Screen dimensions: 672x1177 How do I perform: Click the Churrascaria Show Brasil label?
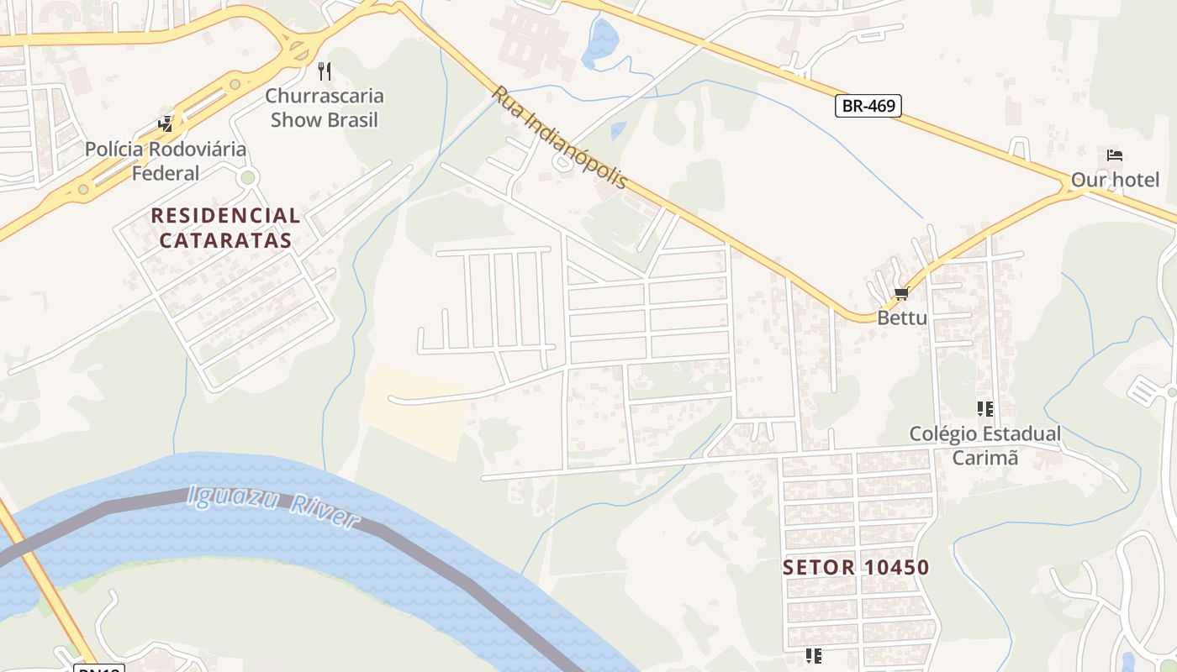tap(325, 108)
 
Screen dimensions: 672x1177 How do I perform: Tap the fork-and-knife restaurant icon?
tap(325, 71)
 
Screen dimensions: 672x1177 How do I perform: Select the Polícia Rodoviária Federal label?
tap(166, 161)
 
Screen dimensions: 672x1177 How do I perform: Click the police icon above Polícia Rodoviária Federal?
tap(166, 124)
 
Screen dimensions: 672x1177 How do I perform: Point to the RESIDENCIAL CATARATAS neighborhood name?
tap(225, 228)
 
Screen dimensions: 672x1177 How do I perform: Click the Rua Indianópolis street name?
tap(560, 137)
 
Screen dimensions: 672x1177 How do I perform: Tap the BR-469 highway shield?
tap(868, 106)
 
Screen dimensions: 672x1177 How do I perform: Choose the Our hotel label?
tap(1115, 180)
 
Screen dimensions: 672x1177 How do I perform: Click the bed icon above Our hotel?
tap(1115, 155)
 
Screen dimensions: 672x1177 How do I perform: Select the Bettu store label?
tap(902, 318)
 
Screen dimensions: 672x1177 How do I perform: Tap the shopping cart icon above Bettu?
tap(902, 294)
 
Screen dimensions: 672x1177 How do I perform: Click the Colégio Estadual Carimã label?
tap(984, 445)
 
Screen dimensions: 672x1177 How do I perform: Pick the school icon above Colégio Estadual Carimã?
tap(984, 409)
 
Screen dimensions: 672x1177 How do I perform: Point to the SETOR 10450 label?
tap(856, 568)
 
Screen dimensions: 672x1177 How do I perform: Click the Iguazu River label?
tap(273, 507)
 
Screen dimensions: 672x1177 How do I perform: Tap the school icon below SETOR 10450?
tap(813, 655)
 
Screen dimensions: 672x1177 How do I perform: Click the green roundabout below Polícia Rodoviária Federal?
tap(247, 177)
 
